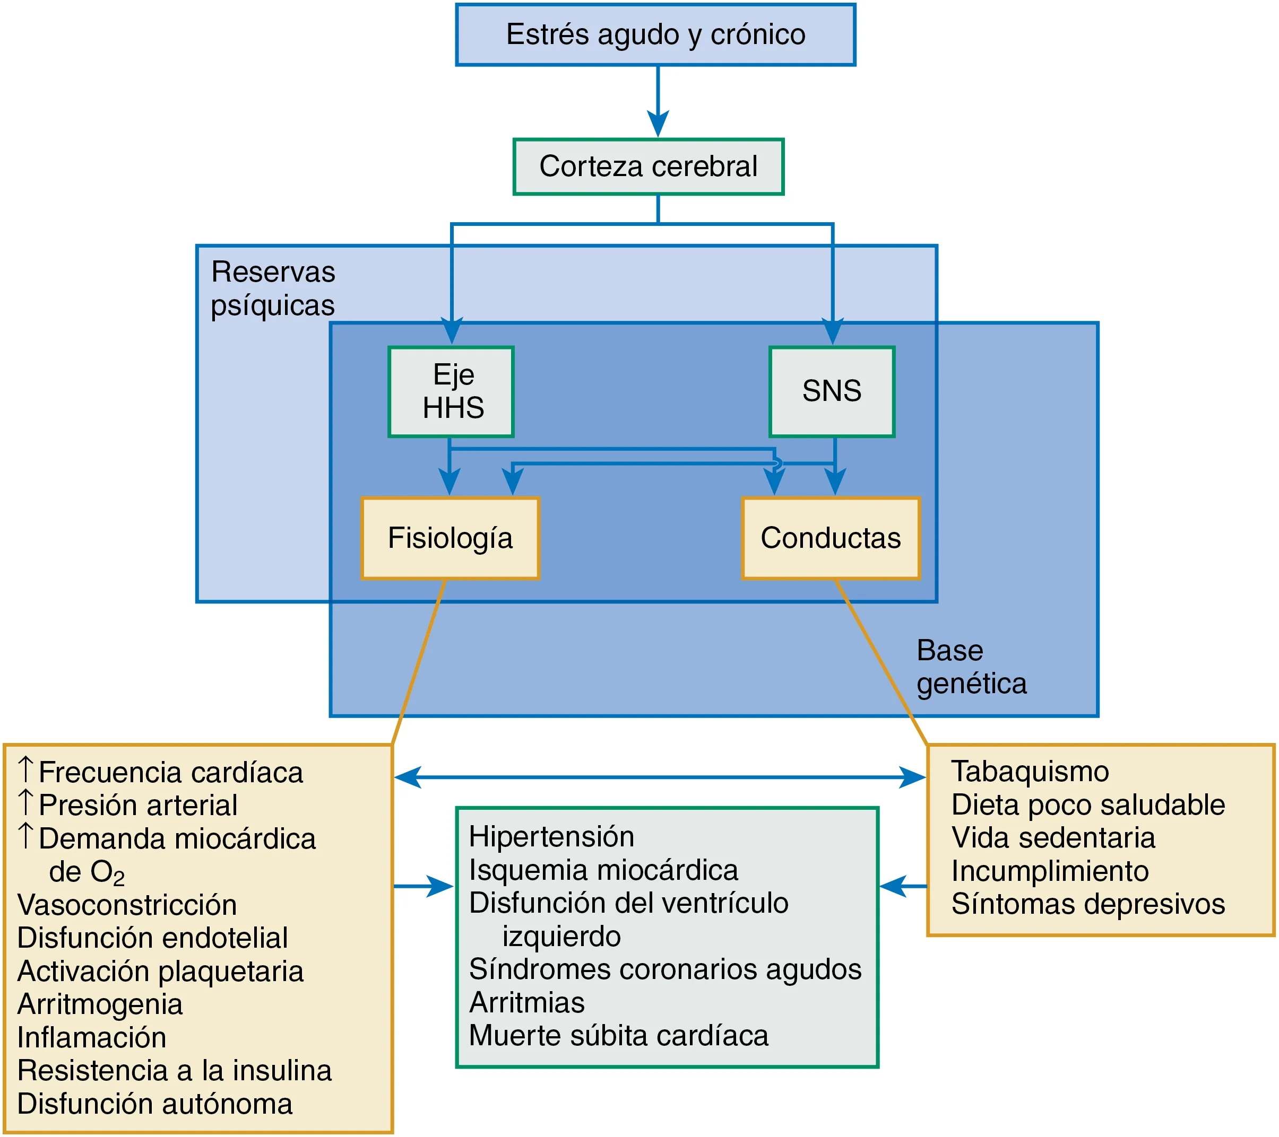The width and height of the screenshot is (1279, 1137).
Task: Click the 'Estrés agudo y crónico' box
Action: [655, 34]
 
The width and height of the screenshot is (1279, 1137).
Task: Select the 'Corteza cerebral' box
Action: [649, 167]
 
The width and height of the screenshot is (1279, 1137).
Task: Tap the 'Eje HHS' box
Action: [451, 391]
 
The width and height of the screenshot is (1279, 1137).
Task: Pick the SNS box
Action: [832, 391]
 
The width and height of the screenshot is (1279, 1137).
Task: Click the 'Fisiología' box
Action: [450, 538]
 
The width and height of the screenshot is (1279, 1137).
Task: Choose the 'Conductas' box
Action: [831, 538]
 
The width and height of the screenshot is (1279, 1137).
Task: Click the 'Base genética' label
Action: [971, 667]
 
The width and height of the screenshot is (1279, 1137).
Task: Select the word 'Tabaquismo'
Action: [1030, 771]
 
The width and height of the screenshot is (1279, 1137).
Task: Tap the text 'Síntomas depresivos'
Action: [1087, 904]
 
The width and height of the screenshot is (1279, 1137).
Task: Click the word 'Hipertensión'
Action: [551, 837]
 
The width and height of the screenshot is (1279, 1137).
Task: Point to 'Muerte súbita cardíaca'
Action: [618, 1035]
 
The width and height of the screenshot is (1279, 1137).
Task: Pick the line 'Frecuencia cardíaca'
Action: [170, 772]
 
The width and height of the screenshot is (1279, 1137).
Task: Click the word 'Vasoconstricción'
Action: [127, 905]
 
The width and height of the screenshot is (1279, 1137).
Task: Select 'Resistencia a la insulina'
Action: [174, 1070]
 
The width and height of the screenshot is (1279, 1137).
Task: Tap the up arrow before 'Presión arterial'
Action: [25, 802]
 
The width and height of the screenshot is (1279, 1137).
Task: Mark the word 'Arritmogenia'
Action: [100, 1004]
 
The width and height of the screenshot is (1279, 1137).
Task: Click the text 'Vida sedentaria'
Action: [1053, 838]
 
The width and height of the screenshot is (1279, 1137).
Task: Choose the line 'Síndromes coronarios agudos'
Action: [665, 969]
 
